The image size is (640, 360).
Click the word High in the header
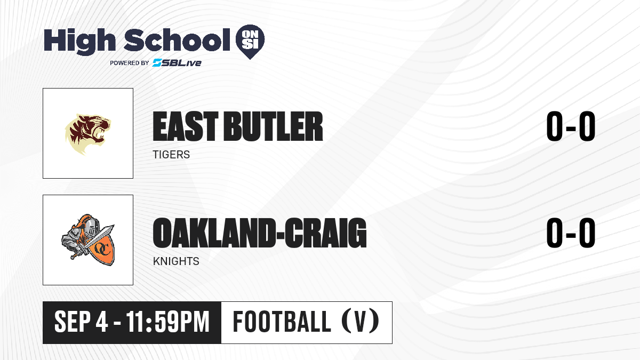pos(79,42)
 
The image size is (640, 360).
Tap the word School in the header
pos(177,40)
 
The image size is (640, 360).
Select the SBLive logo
pos(177,62)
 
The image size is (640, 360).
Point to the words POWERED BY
pos(130,63)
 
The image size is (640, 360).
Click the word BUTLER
pos(273,126)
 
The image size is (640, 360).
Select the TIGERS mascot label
pos(171,155)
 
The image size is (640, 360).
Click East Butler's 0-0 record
pos(571,126)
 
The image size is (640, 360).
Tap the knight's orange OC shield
pos(102,249)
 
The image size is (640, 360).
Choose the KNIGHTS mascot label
pos(176,261)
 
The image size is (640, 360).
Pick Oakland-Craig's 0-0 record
pos(571,233)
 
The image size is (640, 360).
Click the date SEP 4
pos(81,322)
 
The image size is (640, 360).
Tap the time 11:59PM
pos(167,322)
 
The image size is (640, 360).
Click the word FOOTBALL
pos(282,322)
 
